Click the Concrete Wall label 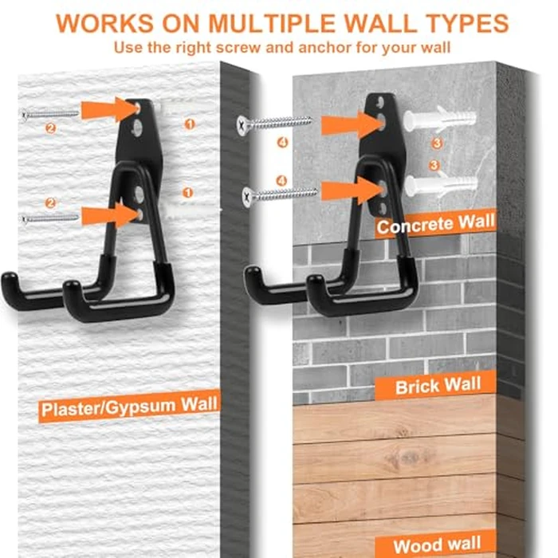435,224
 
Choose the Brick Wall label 438,386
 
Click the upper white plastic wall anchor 438,121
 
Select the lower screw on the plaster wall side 51,217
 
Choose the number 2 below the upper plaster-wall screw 51,128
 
